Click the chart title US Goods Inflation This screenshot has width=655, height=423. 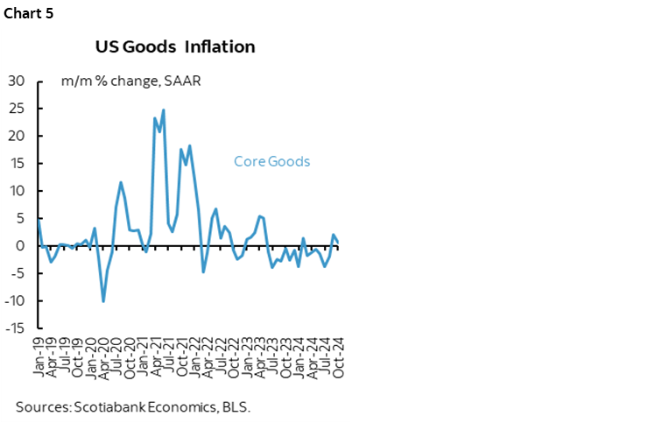click(175, 46)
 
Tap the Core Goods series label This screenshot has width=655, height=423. click(271, 161)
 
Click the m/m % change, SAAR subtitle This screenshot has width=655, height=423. click(131, 81)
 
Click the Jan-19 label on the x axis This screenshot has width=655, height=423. click(39, 356)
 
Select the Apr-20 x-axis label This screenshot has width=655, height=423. click(104, 356)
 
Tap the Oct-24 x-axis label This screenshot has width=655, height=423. click(338, 356)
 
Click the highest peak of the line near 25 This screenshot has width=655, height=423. click(164, 110)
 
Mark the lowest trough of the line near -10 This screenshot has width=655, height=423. click(103, 301)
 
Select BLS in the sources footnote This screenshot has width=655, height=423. click(237, 406)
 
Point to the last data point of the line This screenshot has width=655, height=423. click(338, 243)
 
